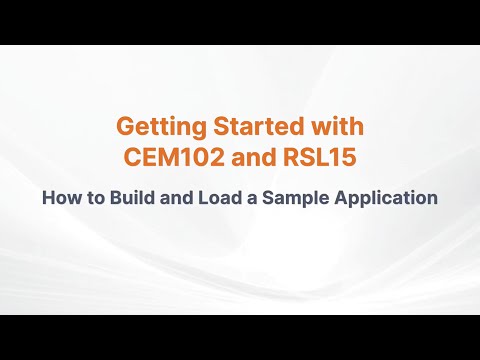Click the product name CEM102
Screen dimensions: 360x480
[172, 158]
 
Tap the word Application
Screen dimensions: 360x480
[384, 197]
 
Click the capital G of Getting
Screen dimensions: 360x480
[125, 127]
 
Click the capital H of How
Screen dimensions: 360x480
[48, 197]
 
